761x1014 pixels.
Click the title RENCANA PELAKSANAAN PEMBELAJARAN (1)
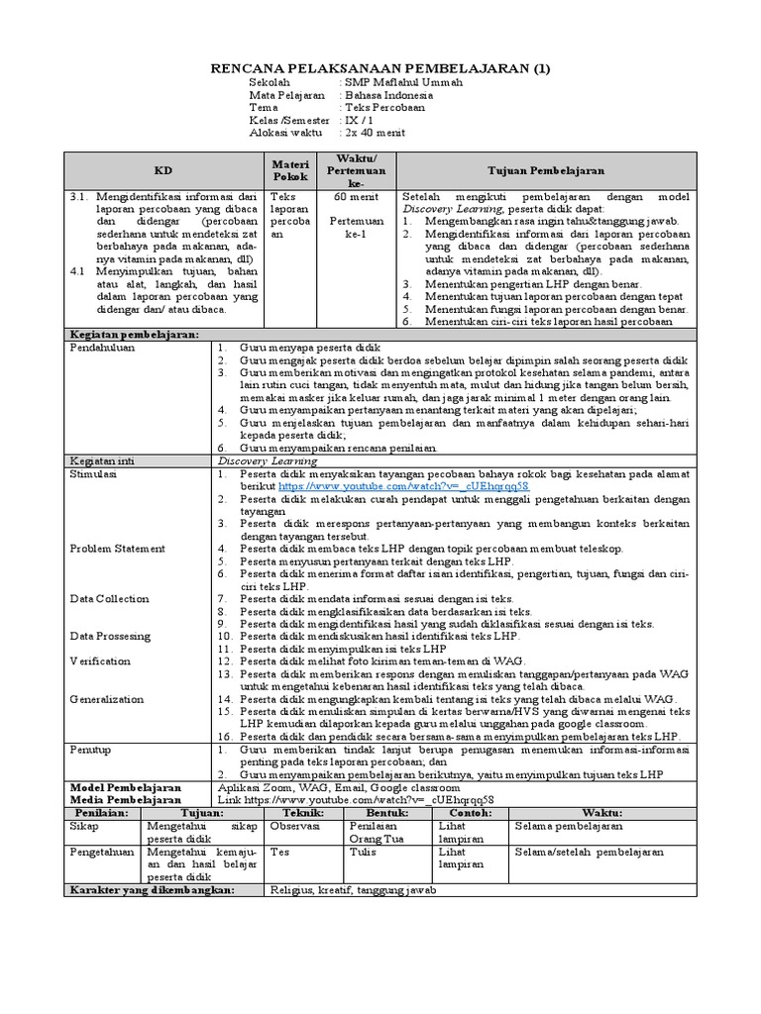381,68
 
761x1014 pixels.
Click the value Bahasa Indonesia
388,95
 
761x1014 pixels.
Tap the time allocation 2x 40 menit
380,132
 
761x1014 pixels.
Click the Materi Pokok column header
290,170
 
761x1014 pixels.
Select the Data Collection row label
109,598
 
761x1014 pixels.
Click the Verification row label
100,660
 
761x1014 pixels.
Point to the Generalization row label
106,698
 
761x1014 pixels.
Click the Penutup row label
90,750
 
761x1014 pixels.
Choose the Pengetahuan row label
102,852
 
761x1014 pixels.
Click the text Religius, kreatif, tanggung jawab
353,890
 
